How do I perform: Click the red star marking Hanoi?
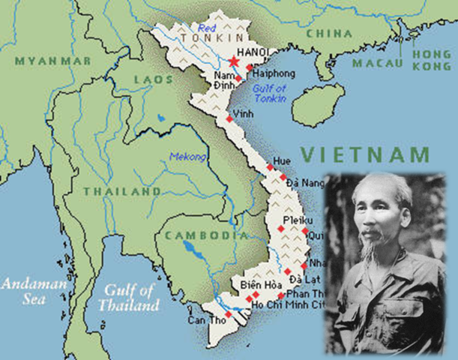pyautogui.click(x=234, y=61)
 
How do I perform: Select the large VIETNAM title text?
pyautogui.click(x=366, y=155)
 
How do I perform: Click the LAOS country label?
pyautogui.click(x=153, y=78)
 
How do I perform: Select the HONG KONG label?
pyautogui.click(x=433, y=61)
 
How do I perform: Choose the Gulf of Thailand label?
pyautogui.click(x=132, y=298)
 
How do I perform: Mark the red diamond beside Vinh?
pyautogui.click(x=229, y=118)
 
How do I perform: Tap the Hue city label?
pyautogui.click(x=281, y=161)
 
